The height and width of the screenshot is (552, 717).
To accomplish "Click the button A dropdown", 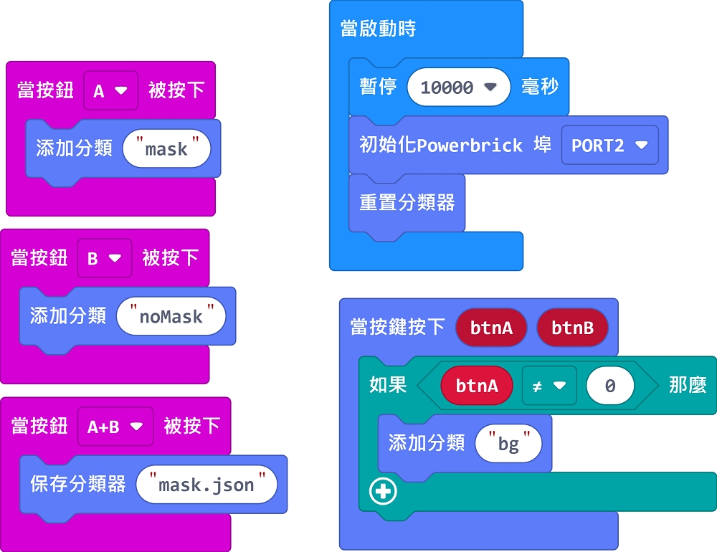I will click(110, 90).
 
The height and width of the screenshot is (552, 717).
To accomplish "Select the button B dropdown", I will click(104, 258).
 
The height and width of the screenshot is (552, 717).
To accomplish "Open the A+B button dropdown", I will click(115, 427).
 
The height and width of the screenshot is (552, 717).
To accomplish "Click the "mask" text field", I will click(166, 149).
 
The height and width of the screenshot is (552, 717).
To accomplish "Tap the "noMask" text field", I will click(171, 316).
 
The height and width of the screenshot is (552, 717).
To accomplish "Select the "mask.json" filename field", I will click(206, 485).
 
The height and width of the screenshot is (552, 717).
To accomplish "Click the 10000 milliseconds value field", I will click(458, 87).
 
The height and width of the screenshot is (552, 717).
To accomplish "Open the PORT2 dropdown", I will click(609, 146).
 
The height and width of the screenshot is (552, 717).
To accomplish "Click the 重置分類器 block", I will click(407, 203).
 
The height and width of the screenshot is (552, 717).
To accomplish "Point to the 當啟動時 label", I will click(378, 29).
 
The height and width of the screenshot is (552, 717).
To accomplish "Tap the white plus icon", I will click(383, 491).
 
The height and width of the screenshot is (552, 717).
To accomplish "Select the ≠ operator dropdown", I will click(549, 386).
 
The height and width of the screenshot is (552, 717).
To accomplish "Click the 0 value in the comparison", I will click(609, 386).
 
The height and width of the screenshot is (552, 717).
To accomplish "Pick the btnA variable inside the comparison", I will click(477, 386).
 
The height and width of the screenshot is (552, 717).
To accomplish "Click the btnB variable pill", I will click(572, 328).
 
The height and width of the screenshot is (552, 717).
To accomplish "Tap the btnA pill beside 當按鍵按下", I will click(491, 328).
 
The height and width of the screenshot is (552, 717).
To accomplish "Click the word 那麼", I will click(688, 385).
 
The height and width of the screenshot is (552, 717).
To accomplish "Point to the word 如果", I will click(388, 385).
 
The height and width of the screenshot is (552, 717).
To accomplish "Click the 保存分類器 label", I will click(77, 484).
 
